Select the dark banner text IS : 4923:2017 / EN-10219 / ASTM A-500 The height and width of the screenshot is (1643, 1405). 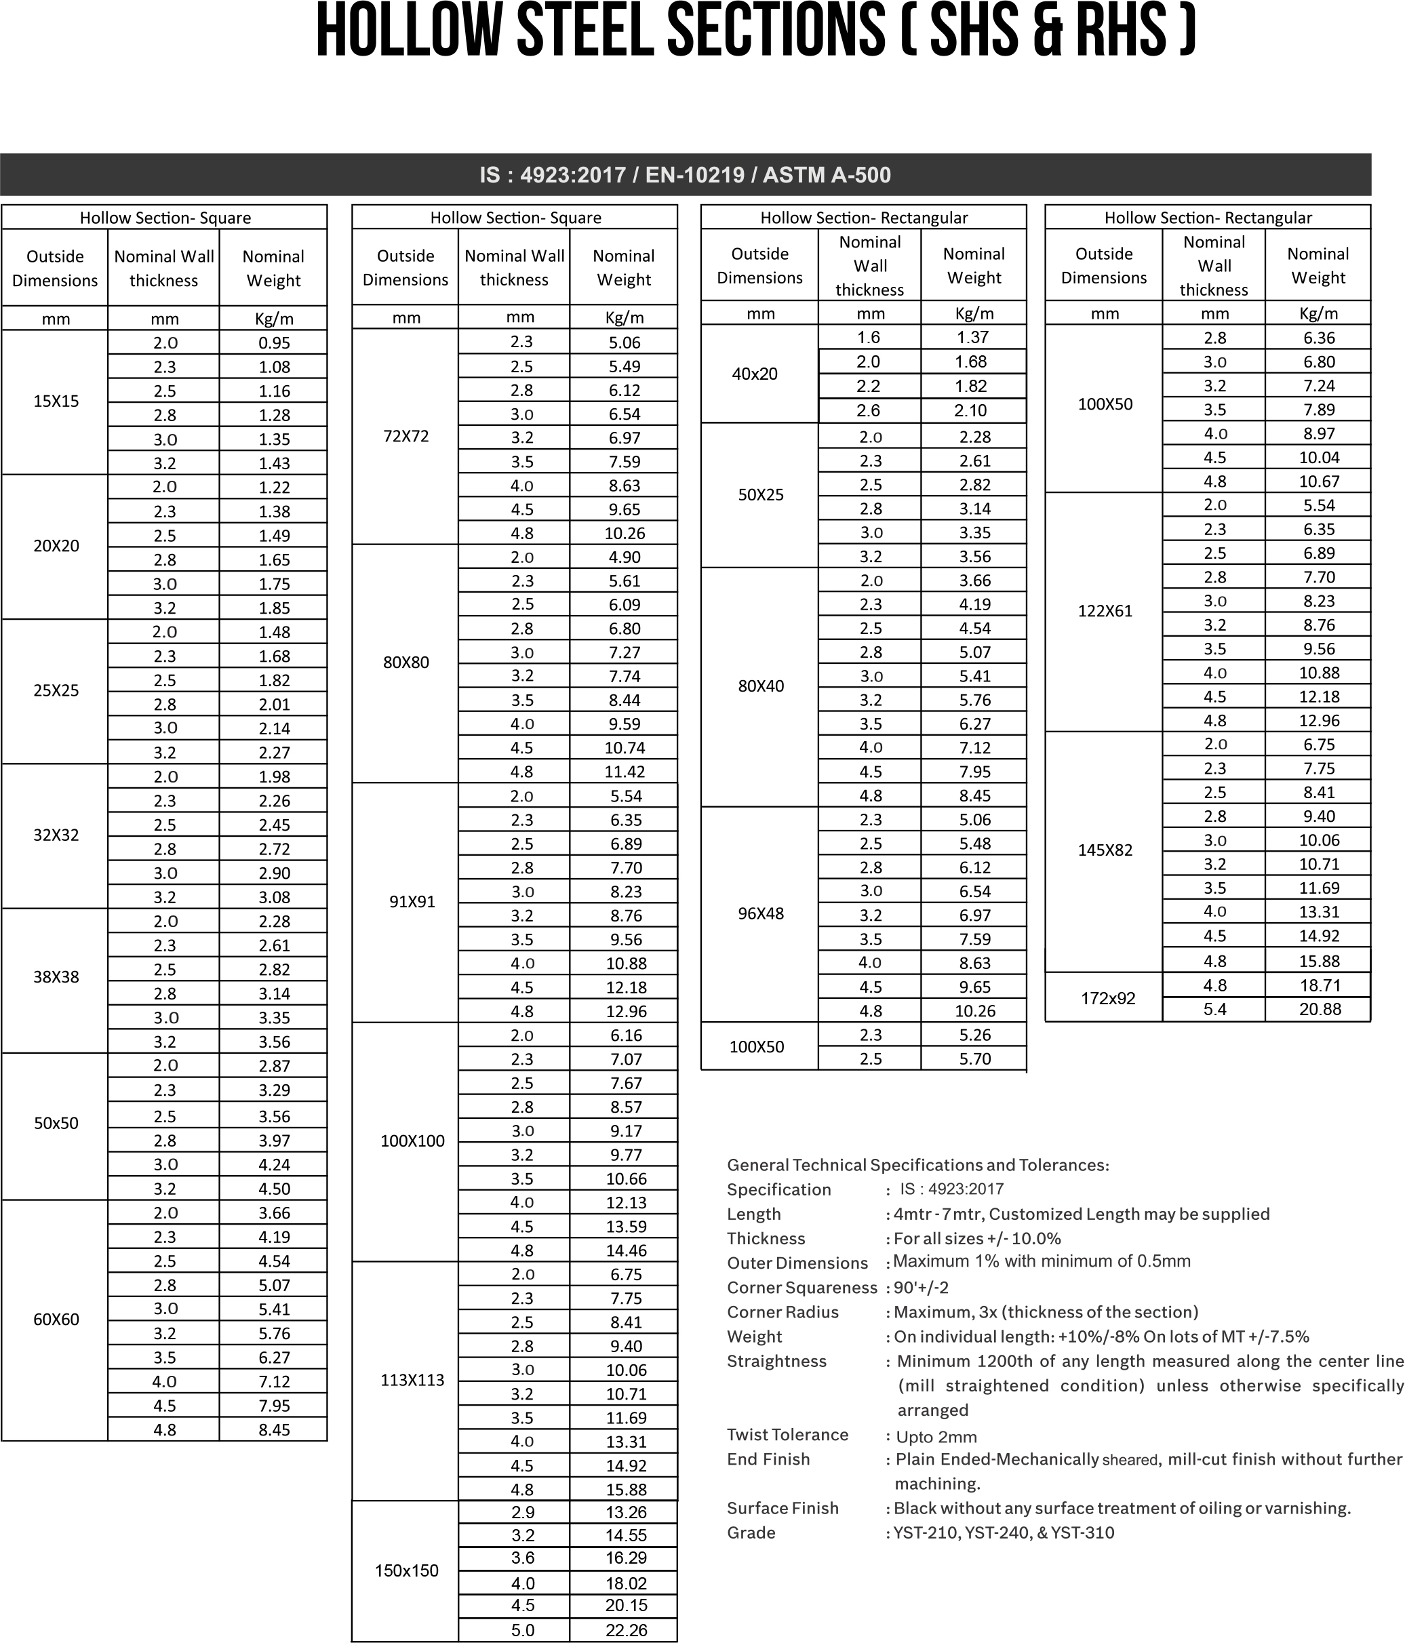click(685, 175)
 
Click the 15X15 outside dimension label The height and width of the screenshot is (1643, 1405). click(56, 401)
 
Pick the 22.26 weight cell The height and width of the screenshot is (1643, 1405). click(627, 1630)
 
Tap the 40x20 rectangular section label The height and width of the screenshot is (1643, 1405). click(755, 374)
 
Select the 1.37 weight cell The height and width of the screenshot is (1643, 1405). click(973, 338)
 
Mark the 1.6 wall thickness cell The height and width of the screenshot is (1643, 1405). click(869, 338)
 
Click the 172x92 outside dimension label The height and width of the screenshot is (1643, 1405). click(1109, 998)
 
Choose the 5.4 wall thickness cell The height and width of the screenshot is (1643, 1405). click(1214, 1010)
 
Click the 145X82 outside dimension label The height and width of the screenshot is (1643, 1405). click(1105, 851)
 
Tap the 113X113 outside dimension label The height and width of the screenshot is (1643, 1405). click(412, 1381)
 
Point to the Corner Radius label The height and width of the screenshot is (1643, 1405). click(783, 1312)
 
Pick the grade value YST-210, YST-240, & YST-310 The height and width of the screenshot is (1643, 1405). click(1004, 1532)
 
